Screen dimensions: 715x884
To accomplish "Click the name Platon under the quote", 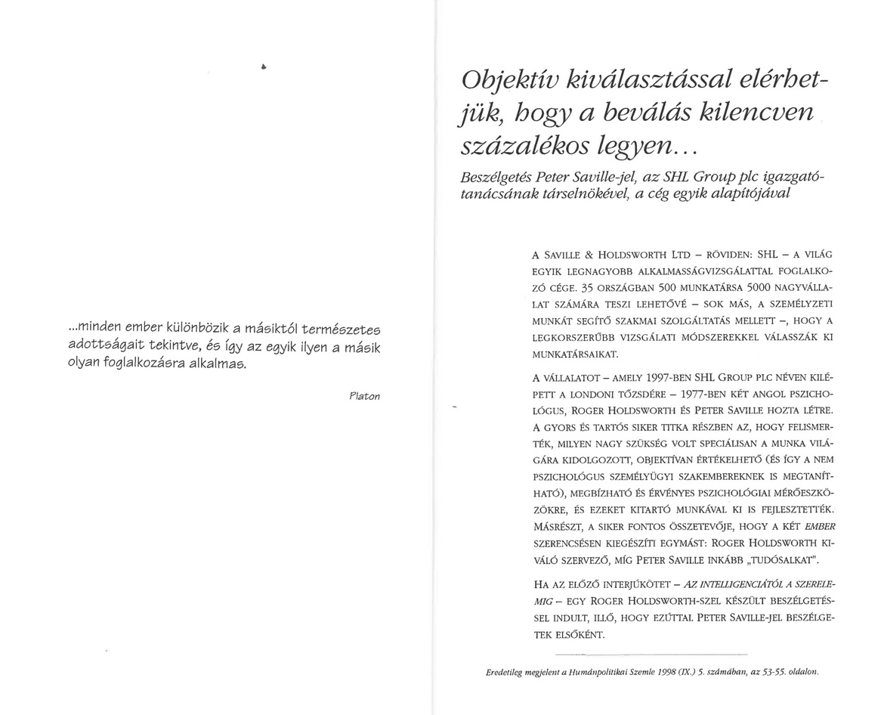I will pyautogui.click(x=365, y=396).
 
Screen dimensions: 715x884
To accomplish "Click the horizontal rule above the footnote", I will pyautogui.click(x=651, y=653).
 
